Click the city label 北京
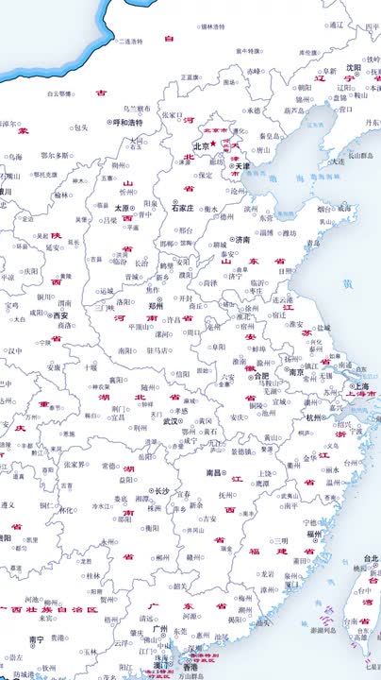[201, 146]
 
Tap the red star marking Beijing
[214, 144]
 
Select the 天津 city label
[242, 166]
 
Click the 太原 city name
[121, 208]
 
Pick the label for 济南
[243, 239]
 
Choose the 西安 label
[60, 315]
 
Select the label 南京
[296, 372]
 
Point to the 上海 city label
[358, 385]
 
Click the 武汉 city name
[170, 421]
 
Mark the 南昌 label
[214, 472]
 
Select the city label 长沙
[161, 491]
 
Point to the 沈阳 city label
[353, 67]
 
